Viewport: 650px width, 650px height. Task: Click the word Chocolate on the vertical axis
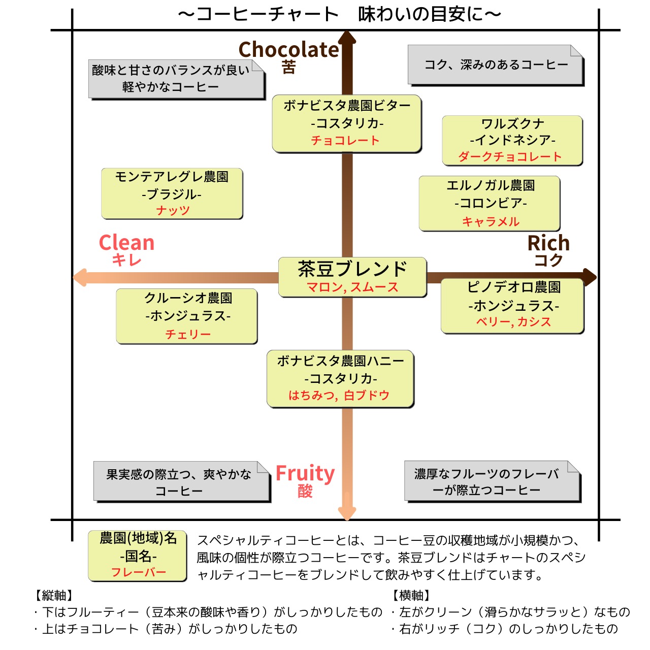coord(288,50)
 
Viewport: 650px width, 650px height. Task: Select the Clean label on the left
coord(126,243)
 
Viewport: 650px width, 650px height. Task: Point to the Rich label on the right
coord(548,243)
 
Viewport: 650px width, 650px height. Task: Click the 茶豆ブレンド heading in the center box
coord(352,269)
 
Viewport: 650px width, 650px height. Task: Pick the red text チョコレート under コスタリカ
coord(345,141)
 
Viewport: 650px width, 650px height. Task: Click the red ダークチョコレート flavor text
coord(510,157)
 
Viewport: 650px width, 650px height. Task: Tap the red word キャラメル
coord(491,221)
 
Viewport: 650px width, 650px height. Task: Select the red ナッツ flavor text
coord(173,210)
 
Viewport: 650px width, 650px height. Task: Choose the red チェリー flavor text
coord(188,334)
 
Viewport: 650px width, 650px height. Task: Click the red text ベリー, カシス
coord(513,322)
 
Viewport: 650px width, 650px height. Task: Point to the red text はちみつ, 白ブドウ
coord(339,395)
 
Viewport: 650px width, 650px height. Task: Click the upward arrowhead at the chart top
coord(347,39)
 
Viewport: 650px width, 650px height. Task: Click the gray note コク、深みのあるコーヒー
coord(496,65)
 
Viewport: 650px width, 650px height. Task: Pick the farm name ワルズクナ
coord(512,123)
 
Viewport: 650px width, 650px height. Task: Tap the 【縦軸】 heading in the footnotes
coord(54,595)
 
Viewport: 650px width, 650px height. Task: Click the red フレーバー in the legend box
coord(139,572)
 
